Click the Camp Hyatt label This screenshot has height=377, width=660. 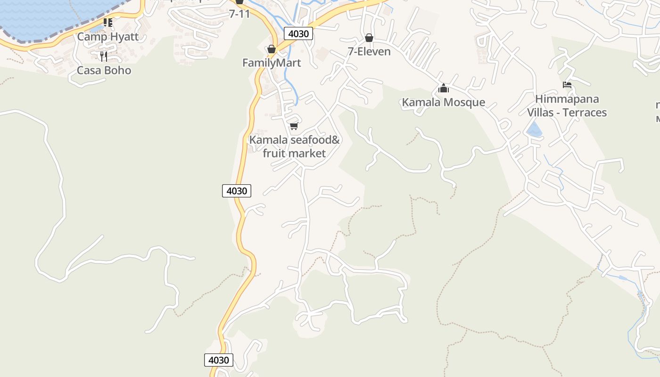click(x=108, y=37)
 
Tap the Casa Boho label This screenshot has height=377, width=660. click(x=104, y=70)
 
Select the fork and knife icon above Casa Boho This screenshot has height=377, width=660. click(x=104, y=57)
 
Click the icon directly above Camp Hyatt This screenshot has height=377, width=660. click(x=108, y=23)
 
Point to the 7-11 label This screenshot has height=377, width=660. click(x=239, y=14)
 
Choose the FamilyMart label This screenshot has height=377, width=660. click(x=272, y=63)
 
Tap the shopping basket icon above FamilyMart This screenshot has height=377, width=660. click(x=271, y=49)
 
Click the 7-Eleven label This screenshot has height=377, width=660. click(x=369, y=51)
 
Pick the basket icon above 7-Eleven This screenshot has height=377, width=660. click(x=369, y=38)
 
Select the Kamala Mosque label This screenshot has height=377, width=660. click(x=443, y=102)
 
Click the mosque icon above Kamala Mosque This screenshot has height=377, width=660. click(x=443, y=88)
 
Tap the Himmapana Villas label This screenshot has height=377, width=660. click(x=567, y=99)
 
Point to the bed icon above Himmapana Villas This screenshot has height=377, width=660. click(x=567, y=85)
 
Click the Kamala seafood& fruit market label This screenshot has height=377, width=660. click(x=294, y=147)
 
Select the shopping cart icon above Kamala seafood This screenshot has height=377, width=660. click(x=294, y=126)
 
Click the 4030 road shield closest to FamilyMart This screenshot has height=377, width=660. click(x=298, y=33)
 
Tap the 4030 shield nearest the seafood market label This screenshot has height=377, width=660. click(x=236, y=191)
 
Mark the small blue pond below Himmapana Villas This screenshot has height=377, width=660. click(x=534, y=130)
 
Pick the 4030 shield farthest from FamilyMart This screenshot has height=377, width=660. click(x=219, y=360)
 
